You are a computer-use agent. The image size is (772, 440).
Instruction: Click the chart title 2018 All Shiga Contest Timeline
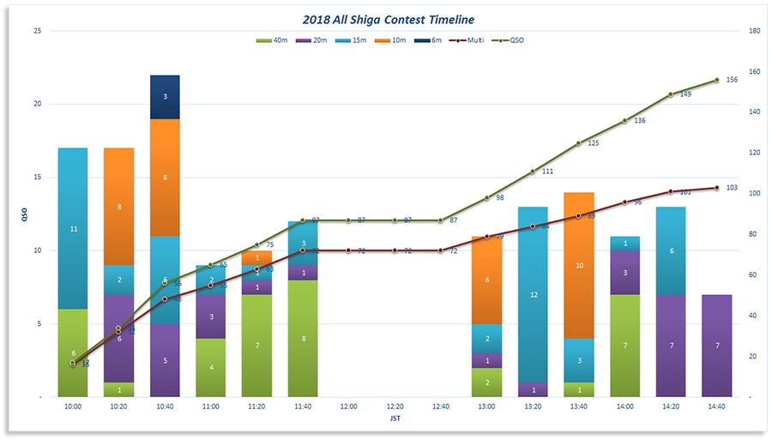pos(389,19)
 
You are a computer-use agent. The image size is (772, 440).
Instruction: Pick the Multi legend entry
pos(470,39)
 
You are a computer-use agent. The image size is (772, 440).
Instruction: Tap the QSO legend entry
pos(511,39)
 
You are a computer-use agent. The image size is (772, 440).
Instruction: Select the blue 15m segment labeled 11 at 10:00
pos(73,229)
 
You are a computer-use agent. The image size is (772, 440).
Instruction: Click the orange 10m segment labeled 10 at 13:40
pos(579,266)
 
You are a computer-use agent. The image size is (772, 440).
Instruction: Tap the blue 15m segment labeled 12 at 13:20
pos(533,294)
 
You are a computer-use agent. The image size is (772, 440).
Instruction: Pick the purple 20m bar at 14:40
pos(716,346)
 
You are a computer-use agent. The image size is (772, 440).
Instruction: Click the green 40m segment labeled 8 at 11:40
pos(303,339)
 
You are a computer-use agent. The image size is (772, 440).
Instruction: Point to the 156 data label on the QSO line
pos(732,80)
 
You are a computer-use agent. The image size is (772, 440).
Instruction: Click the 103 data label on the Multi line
pos(732,187)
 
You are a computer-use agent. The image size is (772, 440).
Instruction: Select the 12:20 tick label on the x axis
pos(395,407)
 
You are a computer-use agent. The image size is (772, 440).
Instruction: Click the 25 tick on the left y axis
pos(36,31)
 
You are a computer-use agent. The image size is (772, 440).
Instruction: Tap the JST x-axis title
pos(394,420)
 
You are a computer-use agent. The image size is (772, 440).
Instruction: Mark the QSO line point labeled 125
pos(579,143)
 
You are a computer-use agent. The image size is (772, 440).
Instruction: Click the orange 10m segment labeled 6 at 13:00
pos(487,280)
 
